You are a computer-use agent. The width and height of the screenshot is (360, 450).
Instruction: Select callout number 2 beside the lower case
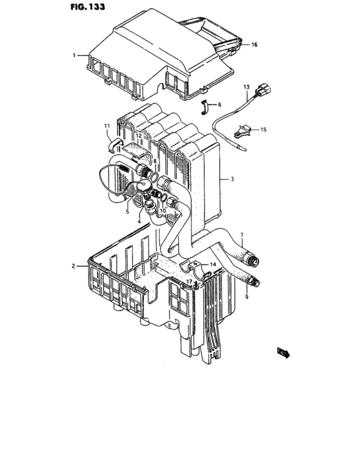pyautogui.click(x=75, y=265)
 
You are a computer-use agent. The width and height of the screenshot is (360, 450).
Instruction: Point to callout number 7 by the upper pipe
pyautogui.click(x=242, y=235)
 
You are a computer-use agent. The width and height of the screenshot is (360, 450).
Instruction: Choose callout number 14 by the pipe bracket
pyautogui.click(x=213, y=264)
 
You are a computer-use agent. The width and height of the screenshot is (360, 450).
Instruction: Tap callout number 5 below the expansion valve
pyautogui.click(x=127, y=212)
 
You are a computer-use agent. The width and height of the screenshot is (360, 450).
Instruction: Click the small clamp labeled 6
pyautogui.click(x=205, y=106)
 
